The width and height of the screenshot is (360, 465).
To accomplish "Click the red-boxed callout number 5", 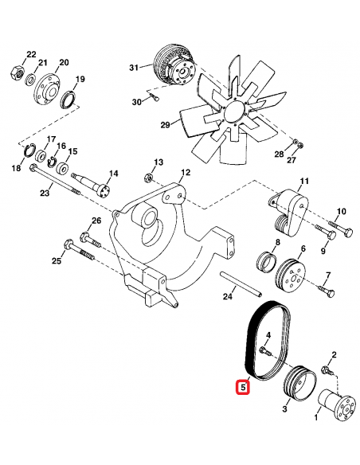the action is point(243,387).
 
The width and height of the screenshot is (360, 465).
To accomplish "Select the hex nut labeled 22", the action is point(16,72).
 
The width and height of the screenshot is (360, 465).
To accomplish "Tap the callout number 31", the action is point(134,68).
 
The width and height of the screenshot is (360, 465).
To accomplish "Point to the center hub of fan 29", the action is point(235,113).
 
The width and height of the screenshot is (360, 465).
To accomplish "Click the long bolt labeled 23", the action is point(55,181).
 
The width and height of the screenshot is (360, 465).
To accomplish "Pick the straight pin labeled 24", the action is point(241,283).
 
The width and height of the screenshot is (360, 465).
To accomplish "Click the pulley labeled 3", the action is point(299,384).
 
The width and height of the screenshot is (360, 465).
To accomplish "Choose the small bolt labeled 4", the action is point(266,351).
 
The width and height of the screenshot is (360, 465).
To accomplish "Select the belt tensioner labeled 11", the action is point(289,212).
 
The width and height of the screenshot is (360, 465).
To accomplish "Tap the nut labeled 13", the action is point(148,178).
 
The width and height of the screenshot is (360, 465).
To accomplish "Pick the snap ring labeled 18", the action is point(29,151).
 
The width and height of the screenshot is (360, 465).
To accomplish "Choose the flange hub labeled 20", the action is point(46,88).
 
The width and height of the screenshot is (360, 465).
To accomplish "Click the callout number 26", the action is point(96,221).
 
